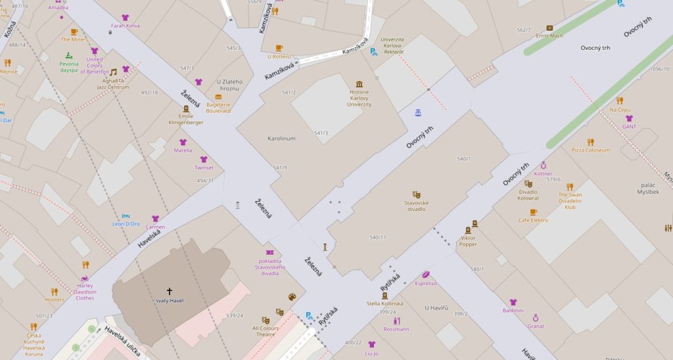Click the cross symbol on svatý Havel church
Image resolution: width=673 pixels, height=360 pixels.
click(169, 290)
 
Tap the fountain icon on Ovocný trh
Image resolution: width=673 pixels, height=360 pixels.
click(417, 113)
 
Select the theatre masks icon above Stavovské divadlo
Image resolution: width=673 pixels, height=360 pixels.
click(416, 194)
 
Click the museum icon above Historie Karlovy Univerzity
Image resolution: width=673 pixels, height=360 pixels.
click(359, 84)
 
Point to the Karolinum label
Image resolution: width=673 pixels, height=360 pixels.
click(281, 139)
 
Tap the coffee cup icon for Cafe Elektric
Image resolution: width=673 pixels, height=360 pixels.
click(533, 212)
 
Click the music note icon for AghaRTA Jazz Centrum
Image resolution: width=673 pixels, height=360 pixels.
click(113, 72)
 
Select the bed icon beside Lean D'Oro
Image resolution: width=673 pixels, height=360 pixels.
click(126, 215)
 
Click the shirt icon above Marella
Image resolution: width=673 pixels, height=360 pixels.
click(183, 142)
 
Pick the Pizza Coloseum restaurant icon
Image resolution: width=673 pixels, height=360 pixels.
click(590, 142)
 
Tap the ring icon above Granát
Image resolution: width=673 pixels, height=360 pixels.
click(535, 318)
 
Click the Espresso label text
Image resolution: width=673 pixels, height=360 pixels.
click(426, 283)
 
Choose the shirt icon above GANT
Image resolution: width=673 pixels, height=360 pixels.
click(628, 119)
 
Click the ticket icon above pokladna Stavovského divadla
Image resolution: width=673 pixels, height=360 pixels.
click(269, 252)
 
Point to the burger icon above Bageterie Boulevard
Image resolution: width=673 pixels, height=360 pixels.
click(218, 97)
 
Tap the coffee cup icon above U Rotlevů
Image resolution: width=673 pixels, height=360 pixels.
click(279, 48)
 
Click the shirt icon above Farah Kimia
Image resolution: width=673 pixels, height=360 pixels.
click(125, 18)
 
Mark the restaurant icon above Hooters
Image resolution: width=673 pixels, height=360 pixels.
click(55, 291)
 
